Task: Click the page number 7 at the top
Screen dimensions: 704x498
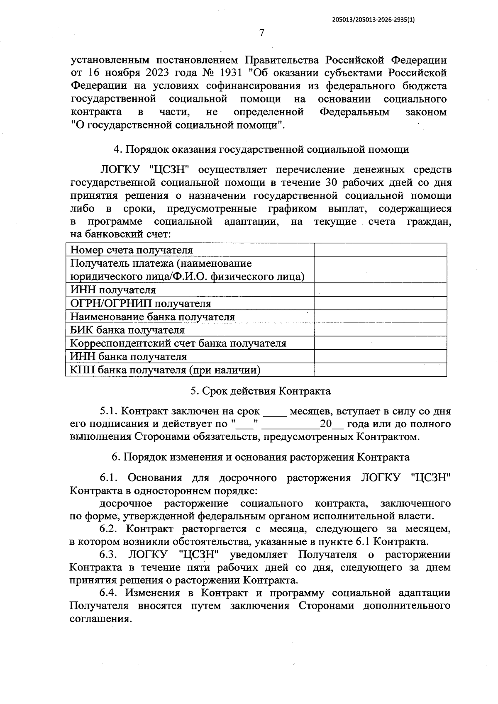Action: (261, 33)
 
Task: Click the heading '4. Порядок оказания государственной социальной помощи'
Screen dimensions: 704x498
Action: (261, 149)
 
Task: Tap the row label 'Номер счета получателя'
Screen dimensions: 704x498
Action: (132, 250)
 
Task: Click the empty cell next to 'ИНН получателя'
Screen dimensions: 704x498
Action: (380, 290)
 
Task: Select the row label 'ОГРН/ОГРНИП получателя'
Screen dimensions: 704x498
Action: (141, 304)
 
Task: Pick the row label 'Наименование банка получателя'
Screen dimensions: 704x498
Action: (152, 317)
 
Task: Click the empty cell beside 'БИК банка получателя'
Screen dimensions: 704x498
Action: (380, 330)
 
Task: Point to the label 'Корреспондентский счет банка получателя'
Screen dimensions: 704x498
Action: (178, 343)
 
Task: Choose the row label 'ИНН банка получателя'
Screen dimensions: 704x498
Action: (128, 357)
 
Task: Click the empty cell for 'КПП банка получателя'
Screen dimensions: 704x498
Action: (380, 370)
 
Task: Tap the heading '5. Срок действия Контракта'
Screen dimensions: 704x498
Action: (260, 391)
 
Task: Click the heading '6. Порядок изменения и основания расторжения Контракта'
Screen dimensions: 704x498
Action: (260, 457)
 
